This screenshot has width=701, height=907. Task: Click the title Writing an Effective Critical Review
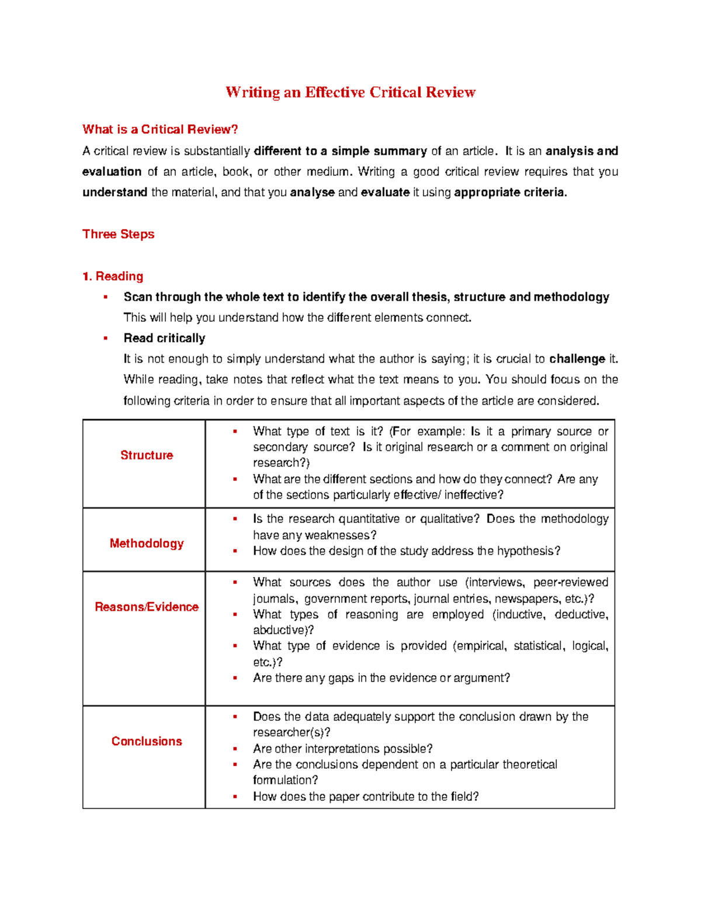(350, 92)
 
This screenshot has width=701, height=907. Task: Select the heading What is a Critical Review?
(160, 130)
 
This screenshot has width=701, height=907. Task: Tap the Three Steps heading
(119, 234)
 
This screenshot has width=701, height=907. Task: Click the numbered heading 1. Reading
(113, 276)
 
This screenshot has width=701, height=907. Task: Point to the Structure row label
(147, 456)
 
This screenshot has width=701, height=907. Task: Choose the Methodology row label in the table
(147, 544)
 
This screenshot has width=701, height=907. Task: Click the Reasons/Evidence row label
(147, 607)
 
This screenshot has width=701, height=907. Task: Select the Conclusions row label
(147, 742)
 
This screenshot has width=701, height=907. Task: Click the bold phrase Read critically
(164, 339)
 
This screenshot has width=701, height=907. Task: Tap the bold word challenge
(577, 359)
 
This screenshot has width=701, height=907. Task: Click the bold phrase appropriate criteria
(510, 193)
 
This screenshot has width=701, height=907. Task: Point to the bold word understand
(114, 193)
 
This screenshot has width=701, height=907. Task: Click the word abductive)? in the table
(283, 631)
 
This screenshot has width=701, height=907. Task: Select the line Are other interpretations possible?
(342, 749)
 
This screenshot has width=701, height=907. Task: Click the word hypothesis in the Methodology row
(528, 551)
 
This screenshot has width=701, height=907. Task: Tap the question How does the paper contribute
(366, 797)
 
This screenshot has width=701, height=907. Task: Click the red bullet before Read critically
(106, 339)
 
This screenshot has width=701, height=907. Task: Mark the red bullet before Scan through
(106, 297)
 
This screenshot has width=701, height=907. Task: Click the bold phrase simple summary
(379, 151)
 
